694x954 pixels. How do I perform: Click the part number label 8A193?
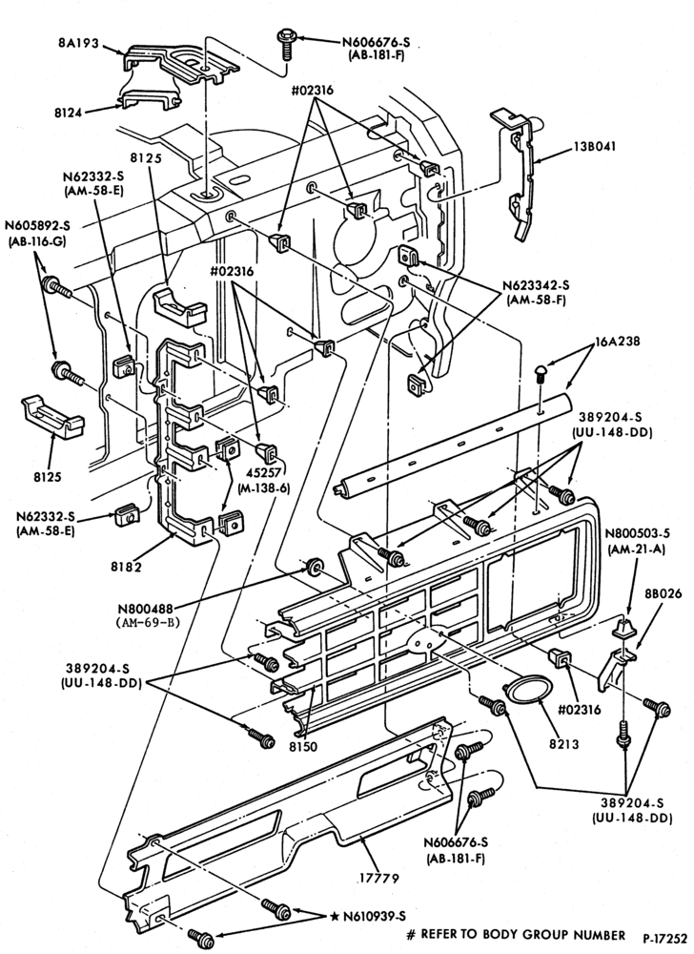[78, 44]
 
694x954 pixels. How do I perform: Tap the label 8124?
[67, 113]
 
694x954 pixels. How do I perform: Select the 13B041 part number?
[594, 147]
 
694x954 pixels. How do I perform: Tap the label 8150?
[302, 746]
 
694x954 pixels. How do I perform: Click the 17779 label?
[378, 878]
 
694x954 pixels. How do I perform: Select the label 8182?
[126, 567]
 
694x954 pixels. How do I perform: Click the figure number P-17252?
[665, 937]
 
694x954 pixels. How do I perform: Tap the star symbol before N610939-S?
[336, 916]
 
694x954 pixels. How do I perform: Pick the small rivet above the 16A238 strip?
[541, 371]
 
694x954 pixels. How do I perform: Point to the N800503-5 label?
[638, 533]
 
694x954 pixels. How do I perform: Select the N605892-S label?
[38, 226]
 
